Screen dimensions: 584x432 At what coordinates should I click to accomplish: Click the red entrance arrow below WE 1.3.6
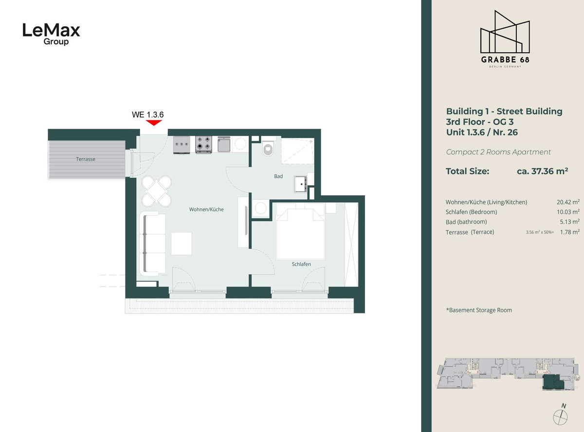[x=154, y=123]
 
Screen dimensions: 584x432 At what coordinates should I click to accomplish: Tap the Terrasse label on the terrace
[x=86, y=159]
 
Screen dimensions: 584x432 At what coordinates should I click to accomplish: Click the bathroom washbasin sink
[x=301, y=184]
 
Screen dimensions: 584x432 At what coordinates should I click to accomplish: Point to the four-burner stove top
[x=203, y=145]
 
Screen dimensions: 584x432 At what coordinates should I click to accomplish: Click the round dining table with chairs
[x=157, y=191]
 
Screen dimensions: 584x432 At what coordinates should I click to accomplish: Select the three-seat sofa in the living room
[x=153, y=244]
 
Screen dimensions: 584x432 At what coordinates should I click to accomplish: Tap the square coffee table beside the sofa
[x=182, y=244]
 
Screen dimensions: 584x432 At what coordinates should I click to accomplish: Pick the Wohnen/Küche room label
[x=206, y=209]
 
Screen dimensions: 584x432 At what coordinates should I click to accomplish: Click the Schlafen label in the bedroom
[x=301, y=264]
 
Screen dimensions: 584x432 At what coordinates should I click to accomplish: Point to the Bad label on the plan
[x=278, y=176]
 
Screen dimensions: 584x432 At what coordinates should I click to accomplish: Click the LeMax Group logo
[x=52, y=34]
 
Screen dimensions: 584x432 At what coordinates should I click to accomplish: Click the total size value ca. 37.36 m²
[x=543, y=171]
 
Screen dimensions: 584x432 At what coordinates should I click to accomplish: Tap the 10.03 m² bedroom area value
[x=568, y=212]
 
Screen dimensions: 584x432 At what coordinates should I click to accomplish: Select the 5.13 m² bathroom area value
[x=569, y=222]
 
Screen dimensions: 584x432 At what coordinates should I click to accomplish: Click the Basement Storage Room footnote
[x=479, y=310]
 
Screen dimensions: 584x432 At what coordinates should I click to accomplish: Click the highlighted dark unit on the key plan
[x=552, y=382]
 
